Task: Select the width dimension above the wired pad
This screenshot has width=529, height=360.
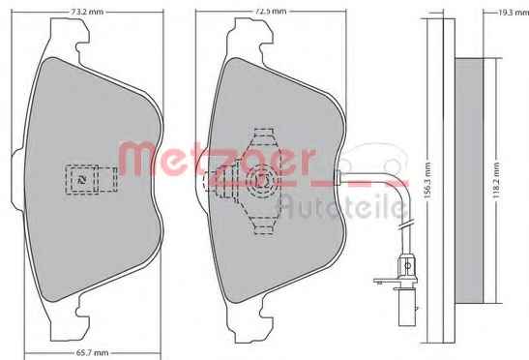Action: (270, 12)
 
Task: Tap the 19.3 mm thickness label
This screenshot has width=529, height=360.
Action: (514, 13)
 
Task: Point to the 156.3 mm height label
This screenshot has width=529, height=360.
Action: (427, 181)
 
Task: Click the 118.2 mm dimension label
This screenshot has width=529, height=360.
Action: (496, 181)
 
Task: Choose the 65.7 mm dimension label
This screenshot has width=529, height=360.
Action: (91, 353)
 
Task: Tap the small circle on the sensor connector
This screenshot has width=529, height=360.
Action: (408, 266)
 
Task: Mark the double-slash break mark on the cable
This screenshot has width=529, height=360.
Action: (405, 225)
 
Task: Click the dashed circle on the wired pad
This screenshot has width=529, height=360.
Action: (262, 181)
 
